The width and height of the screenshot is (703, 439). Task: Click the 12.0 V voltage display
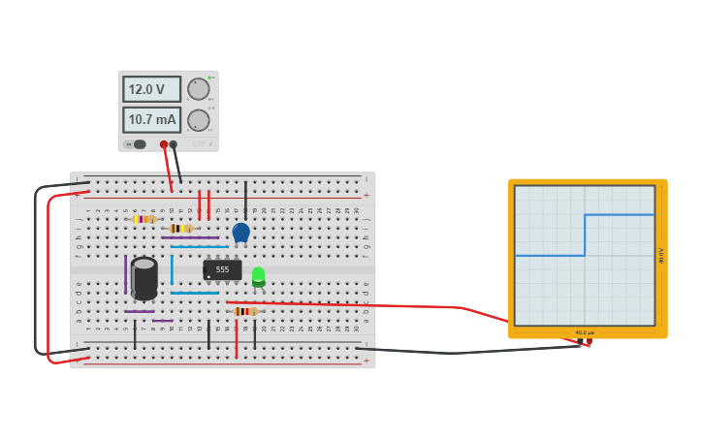point(151,89)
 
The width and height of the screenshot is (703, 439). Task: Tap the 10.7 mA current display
point(151,120)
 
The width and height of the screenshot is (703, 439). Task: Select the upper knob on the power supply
point(199,89)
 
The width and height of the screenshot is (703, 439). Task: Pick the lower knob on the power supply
point(199,120)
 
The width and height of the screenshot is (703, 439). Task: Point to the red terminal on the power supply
point(164,144)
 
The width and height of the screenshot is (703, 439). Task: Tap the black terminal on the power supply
point(174,144)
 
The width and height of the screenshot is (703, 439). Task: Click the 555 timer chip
point(222,269)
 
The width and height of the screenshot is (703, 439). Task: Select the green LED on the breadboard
point(258,276)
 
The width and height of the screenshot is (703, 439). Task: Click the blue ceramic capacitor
point(241,232)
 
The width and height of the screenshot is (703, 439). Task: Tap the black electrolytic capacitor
point(144,277)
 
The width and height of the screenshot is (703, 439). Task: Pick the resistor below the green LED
point(245,311)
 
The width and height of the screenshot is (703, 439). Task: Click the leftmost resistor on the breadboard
point(144,219)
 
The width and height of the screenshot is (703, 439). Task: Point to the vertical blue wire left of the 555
point(172,269)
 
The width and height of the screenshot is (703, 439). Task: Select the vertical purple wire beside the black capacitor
point(125,274)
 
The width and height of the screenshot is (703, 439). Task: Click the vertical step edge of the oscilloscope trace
point(585,235)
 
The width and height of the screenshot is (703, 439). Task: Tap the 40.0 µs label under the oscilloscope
point(584,332)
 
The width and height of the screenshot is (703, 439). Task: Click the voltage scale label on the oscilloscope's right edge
point(661,256)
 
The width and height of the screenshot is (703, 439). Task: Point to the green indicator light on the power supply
point(209,78)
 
